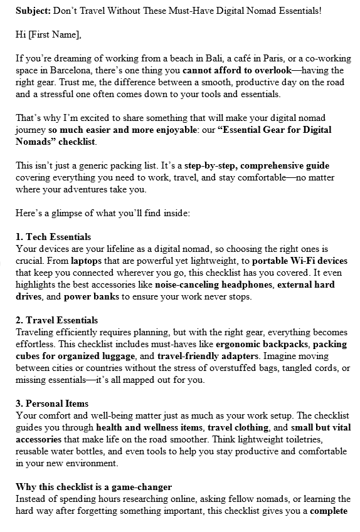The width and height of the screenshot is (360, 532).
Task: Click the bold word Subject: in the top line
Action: pyautogui.click(x=33, y=11)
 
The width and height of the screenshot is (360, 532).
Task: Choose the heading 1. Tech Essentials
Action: pyautogui.click(x=53, y=237)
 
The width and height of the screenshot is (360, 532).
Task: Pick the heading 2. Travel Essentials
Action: pyautogui.click(x=56, y=320)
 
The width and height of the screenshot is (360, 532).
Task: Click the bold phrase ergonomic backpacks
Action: pyautogui.click(x=262, y=344)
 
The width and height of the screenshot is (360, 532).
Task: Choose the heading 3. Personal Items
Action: pyautogui.click(x=52, y=404)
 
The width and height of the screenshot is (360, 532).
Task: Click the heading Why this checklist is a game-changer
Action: pyautogui.click(x=93, y=487)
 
